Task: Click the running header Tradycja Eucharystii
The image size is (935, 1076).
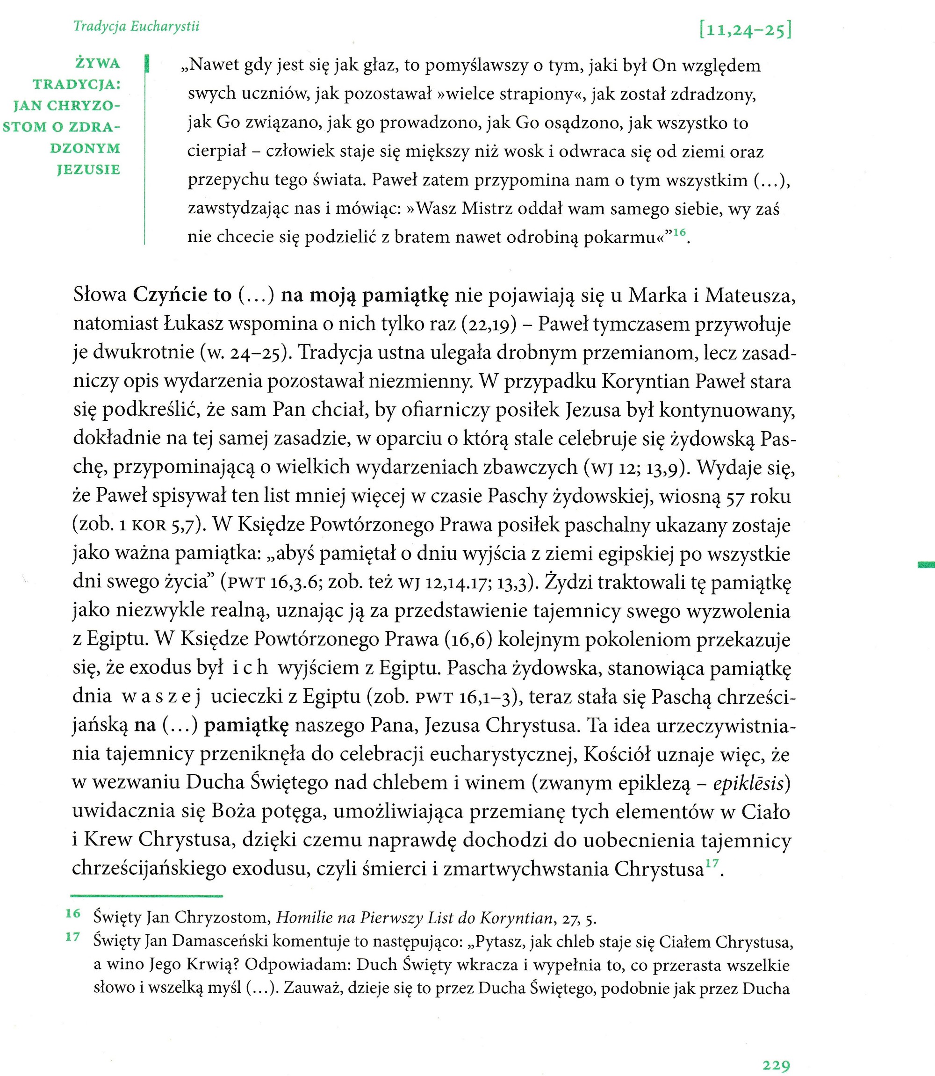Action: (x=136, y=26)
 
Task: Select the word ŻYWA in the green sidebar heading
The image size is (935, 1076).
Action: (x=98, y=64)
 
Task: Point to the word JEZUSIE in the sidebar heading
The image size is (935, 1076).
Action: (x=89, y=170)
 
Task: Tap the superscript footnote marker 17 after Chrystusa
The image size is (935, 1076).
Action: (x=712, y=864)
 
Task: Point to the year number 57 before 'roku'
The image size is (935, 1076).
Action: (x=734, y=496)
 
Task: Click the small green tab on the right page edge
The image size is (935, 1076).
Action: (x=927, y=564)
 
